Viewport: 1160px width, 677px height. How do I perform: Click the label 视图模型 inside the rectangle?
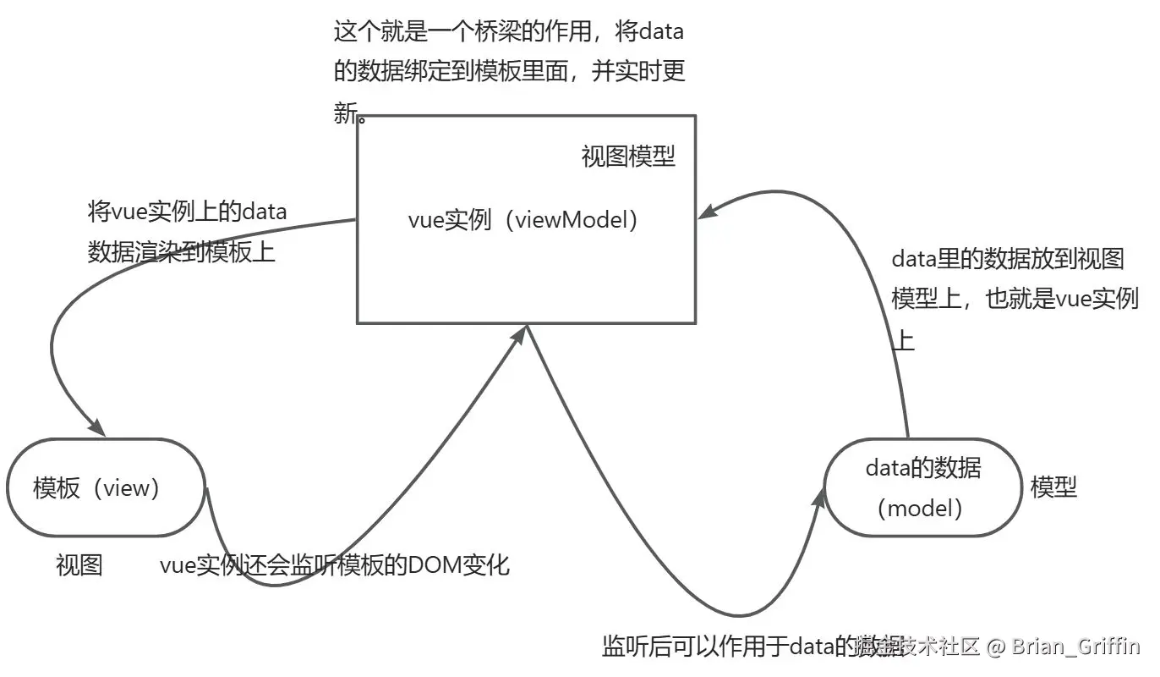click(x=628, y=157)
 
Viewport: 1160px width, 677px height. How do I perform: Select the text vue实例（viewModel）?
click(x=523, y=220)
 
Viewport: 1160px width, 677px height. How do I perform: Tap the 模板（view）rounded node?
click(x=107, y=487)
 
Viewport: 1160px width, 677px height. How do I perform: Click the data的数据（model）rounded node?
click(x=923, y=487)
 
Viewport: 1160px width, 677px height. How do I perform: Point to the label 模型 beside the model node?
click(x=1053, y=487)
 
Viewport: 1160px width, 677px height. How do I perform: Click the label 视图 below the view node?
click(x=79, y=565)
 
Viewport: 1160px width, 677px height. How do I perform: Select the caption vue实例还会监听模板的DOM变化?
click(x=335, y=564)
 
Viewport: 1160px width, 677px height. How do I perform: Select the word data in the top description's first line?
click(x=661, y=33)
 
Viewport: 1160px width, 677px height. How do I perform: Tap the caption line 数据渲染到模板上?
click(x=182, y=251)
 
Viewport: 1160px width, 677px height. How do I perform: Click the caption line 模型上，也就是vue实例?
click(x=1015, y=299)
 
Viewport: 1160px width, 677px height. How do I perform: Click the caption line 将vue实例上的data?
click(x=188, y=212)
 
